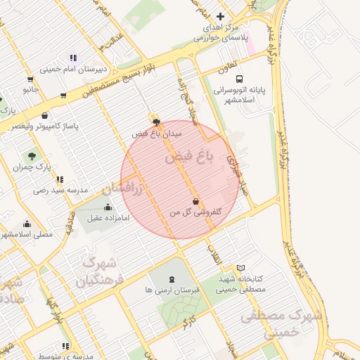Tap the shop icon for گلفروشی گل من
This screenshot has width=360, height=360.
pyautogui.click(x=195, y=202)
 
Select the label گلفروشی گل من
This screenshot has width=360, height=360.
pyautogui.click(x=195, y=212)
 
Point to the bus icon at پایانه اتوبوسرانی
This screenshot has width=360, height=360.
pyautogui.click(x=240, y=79)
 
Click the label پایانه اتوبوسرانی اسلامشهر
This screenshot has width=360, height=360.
pyautogui.click(x=238, y=96)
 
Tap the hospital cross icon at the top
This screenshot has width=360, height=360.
pyautogui.click(x=221, y=16)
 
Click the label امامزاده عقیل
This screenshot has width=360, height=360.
pyautogui.click(x=108, y=218)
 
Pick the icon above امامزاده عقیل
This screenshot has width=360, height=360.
pyautogui.click(x=108, y=207)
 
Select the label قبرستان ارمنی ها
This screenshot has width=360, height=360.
pyautogui.click(x=172, y=290)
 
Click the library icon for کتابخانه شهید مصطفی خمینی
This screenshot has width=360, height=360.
pyautogui.click(x=241, y=268)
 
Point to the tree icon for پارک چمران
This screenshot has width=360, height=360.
pyautogui.click(x=32, y=155)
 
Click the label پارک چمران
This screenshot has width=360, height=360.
pyautogui.click(x=33, y=167)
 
